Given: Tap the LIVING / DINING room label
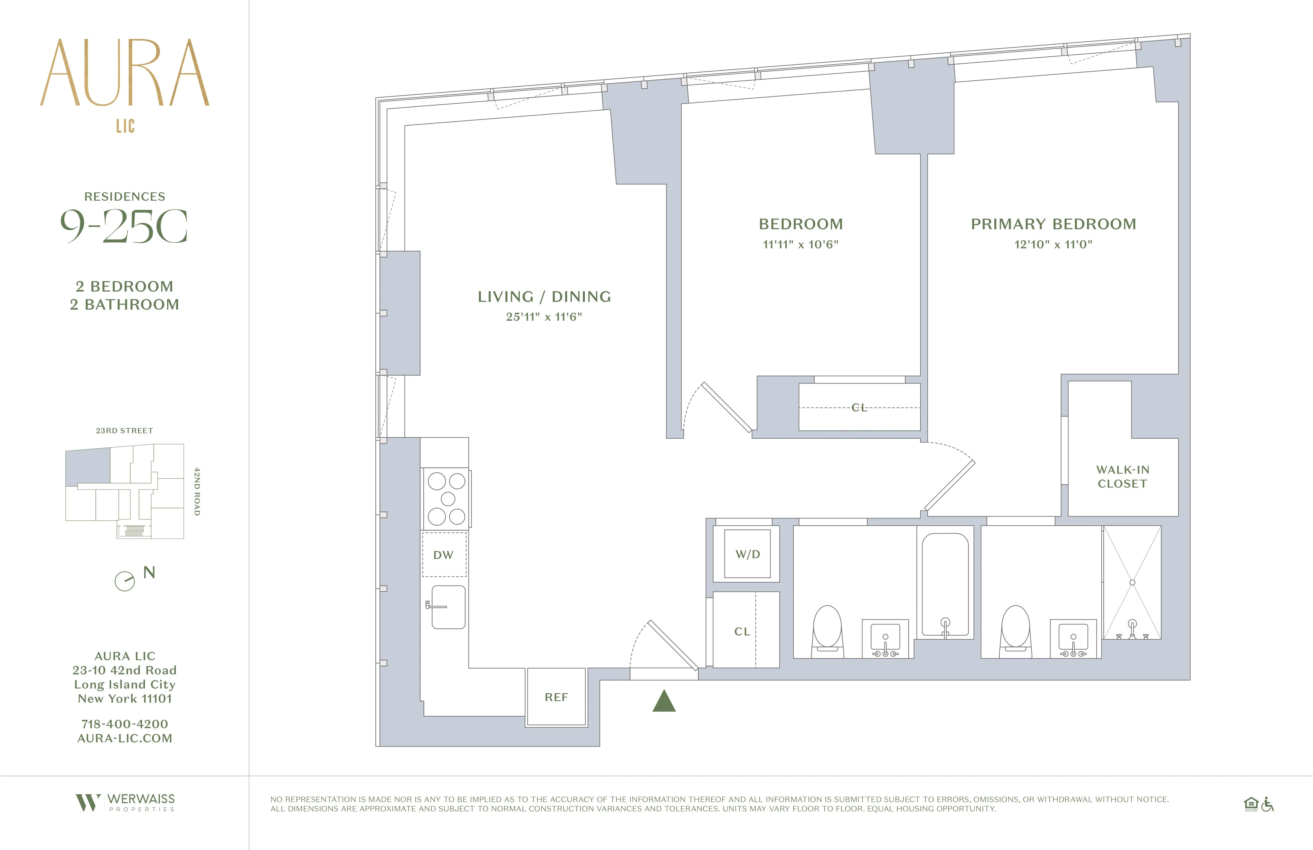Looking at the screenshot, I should click(544, 297).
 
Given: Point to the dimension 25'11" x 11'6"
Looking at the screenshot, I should click(544, 317).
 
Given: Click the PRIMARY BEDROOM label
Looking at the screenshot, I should click(1053, 224).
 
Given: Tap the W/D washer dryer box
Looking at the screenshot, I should click(747, 554).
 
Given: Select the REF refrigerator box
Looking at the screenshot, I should click(556, 697).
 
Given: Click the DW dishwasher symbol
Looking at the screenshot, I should click(444, 555).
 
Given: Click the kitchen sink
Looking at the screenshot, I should click(448, 607).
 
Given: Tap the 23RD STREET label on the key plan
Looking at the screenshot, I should click(125, 430).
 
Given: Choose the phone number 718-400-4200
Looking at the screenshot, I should click(125, 724).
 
